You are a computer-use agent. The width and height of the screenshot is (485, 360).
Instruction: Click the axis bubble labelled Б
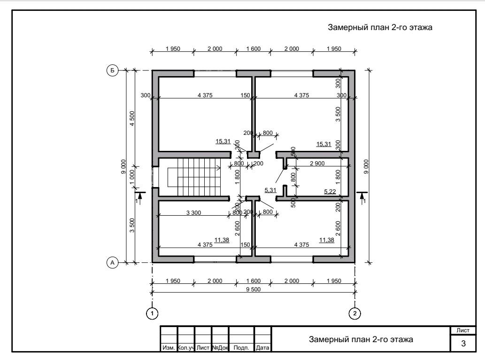coord(112,70)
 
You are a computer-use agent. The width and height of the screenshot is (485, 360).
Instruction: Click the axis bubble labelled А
coord(112,263)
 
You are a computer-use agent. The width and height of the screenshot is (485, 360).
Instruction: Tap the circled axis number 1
coord(152,313)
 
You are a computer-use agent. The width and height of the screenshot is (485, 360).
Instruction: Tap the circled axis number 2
coord(355,313)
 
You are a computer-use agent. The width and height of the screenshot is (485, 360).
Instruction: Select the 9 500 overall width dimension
coord(254,290)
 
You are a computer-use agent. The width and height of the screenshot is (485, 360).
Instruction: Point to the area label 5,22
coord(330,192)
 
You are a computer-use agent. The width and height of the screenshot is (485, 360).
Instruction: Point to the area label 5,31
coord(270,190)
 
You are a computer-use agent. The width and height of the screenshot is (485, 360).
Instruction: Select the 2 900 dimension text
coord(317,164)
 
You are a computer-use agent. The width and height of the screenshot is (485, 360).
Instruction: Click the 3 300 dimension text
coord(193,212)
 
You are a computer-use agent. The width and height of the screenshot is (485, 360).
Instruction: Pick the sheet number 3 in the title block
coord(463,343)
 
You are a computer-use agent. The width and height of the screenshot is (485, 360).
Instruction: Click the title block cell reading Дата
coord(262,348)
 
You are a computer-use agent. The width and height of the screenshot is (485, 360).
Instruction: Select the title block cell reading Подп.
coord(241,348)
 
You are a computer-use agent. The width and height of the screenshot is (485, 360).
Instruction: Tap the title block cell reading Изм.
coord(169,348)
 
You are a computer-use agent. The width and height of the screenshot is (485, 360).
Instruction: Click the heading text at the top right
coord(380,27)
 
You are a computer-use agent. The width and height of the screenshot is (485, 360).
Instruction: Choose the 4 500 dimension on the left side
coord(132,118)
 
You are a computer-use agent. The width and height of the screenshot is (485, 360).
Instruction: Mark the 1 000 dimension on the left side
coord(132,177)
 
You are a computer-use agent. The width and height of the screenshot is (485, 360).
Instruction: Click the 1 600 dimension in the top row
coord(254,48)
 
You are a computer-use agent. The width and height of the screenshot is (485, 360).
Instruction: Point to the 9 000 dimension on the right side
coord(366,166)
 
